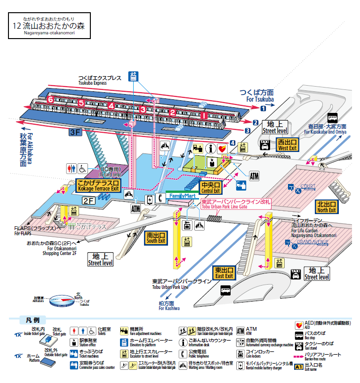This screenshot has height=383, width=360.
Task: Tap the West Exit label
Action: (287, 144)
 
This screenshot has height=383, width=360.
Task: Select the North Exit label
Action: (326, 207)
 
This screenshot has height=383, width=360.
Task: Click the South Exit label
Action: (155, 238)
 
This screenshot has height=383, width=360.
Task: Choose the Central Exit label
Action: (210, 188)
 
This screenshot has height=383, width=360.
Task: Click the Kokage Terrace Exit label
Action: (98, 185)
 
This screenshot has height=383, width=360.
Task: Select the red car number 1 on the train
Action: (203, 114)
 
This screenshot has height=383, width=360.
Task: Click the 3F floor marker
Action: (75, 132)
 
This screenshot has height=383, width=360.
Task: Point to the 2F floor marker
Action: (89, 200)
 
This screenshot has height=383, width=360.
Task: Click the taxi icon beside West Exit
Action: (265, 144)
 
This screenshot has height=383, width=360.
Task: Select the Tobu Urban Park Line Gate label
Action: (233, 204)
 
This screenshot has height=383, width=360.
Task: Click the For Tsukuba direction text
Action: (256, 96)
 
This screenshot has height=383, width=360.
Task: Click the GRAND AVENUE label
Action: (312, 242)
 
